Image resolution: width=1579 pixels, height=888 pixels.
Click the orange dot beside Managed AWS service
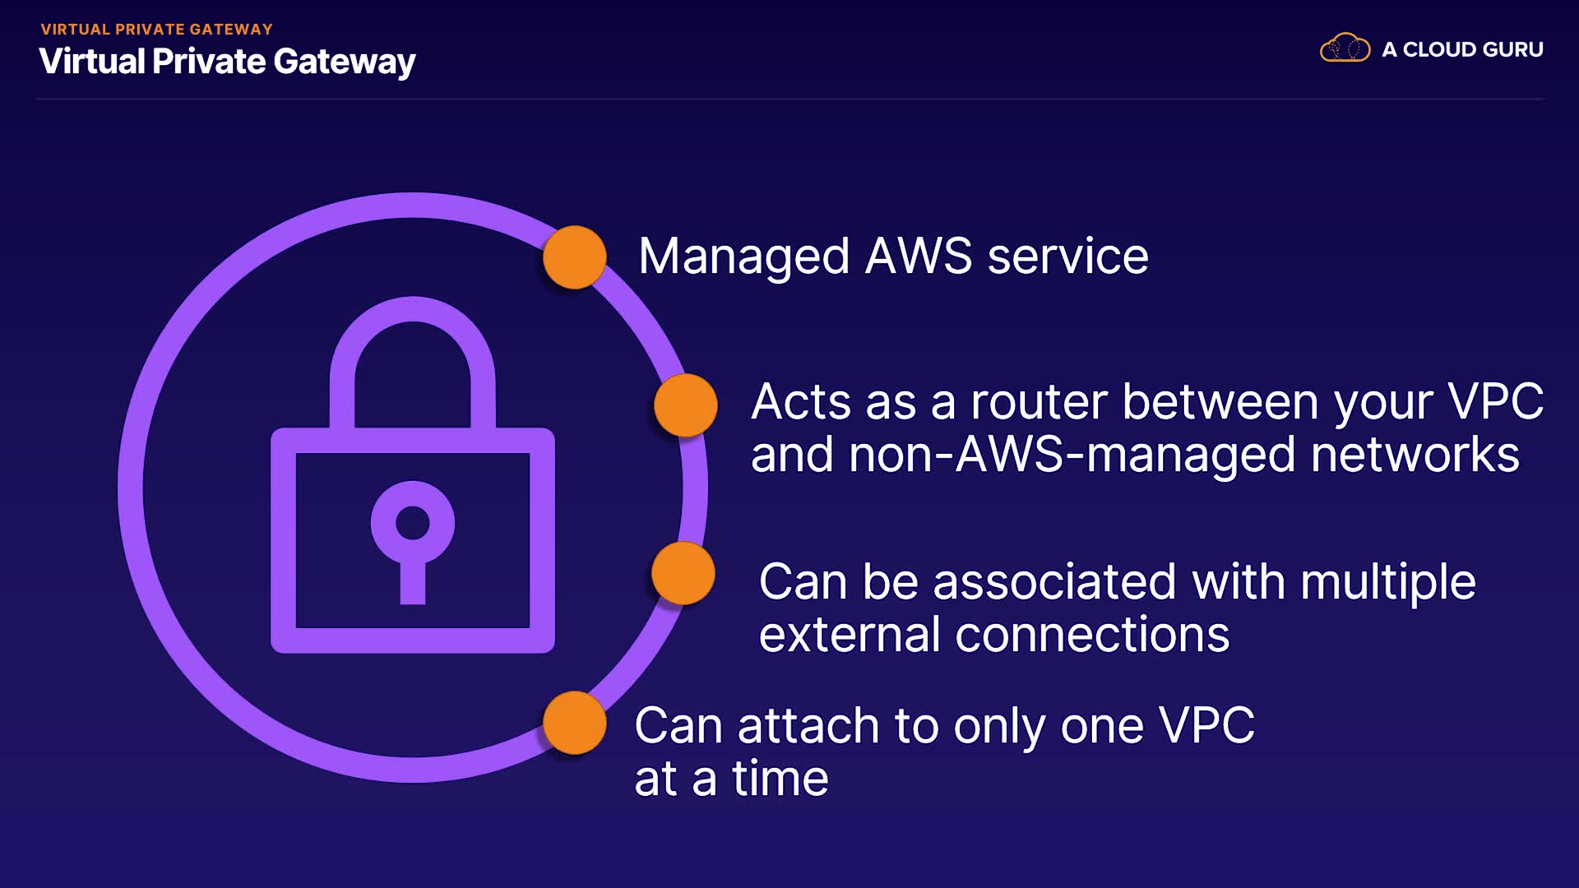click(575, 257)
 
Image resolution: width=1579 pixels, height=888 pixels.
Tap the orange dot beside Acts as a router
click(685, 405)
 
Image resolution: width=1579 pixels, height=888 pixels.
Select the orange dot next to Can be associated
click(683, 573)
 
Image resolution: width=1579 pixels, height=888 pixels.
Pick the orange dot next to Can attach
click(575, 723)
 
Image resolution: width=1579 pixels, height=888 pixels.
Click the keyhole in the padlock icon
click(412, 534)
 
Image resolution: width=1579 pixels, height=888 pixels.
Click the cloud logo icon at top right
click(1345, 49)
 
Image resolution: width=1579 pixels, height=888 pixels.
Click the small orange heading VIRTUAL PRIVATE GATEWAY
click(156, 30)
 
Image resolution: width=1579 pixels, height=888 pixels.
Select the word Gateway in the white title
click(344, 62)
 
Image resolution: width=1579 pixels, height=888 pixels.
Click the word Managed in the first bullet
click(743, 257)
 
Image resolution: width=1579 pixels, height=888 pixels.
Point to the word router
click(1039, 403)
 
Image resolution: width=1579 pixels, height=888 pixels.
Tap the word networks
click(1415, 456)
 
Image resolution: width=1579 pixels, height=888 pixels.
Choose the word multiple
click(1387, 583)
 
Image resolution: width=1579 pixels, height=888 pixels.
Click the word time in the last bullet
click(780, 779)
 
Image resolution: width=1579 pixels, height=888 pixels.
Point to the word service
click(1067, 257)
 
